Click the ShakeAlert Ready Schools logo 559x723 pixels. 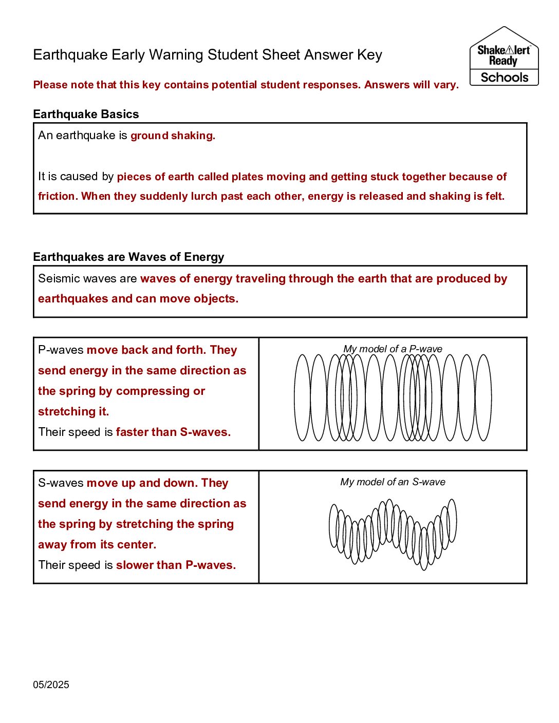point(504,56)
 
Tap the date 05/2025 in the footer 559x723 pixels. point(51,684)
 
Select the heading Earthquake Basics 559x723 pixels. point(86,114)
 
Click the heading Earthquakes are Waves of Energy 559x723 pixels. point(128,257)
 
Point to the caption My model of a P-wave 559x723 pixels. point(393,349)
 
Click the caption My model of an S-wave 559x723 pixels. point(393,482)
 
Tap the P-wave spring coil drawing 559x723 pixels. point(393,397)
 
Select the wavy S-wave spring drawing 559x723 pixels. point(393,534)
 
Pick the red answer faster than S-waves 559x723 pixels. point(173,432)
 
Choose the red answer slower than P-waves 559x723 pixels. point(176,565)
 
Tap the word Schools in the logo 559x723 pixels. point(505,78)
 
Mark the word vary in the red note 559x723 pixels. point(444,85)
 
